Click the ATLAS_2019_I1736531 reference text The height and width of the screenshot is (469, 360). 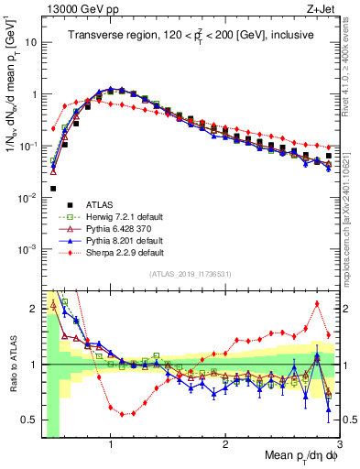click(189, 275)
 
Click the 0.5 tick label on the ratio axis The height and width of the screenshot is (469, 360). click(30, 420)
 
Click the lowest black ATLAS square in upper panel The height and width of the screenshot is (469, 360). click(53, 189)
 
